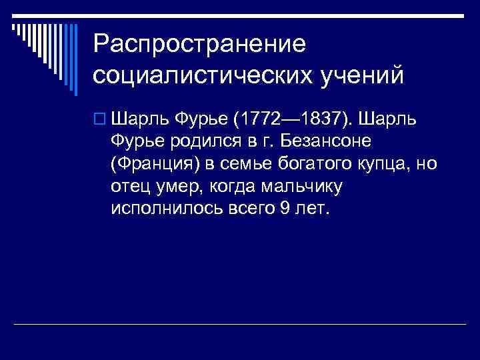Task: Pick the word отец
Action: [x=129, y=186]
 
